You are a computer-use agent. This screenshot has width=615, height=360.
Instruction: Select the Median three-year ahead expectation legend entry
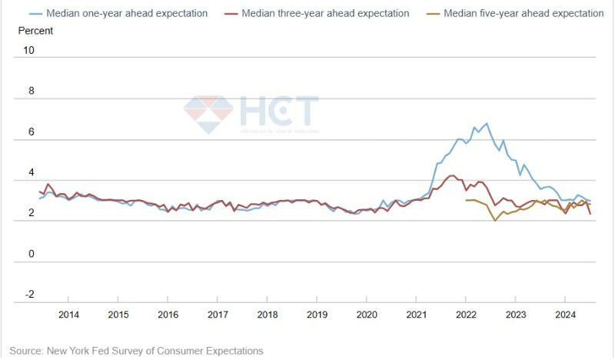pyautogui.click(x=323, y=13)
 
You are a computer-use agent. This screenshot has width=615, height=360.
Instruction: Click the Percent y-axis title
pyautogui.click(x=35, y=31)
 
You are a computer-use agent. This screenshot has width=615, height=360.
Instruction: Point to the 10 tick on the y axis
pyautogui.click(x=29, y=50)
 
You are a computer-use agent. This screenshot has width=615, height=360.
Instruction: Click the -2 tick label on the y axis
pyautogui.click(x=29, y=295)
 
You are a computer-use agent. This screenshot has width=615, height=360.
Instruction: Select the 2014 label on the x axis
pyautogui.click(x=68, y=314)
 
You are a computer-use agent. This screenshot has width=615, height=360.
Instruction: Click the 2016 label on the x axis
pyautogui.click(x=168, y=314)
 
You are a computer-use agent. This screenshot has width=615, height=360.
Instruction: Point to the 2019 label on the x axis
pyautogui.click(x=317, y=314)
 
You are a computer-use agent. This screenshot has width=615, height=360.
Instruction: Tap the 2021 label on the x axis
pyautogui.click(x=416, y=314)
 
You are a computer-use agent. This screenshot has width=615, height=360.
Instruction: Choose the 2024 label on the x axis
pyautogui.click(x=565, y=314)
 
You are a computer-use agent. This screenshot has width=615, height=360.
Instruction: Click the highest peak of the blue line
pyautogui.click(x=486, y=123)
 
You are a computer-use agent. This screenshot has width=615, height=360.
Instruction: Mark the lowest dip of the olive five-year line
pyautogui.click(x=495, y=221)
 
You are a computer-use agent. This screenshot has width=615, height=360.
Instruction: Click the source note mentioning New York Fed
pyautogui.click(x=136, y=351)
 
